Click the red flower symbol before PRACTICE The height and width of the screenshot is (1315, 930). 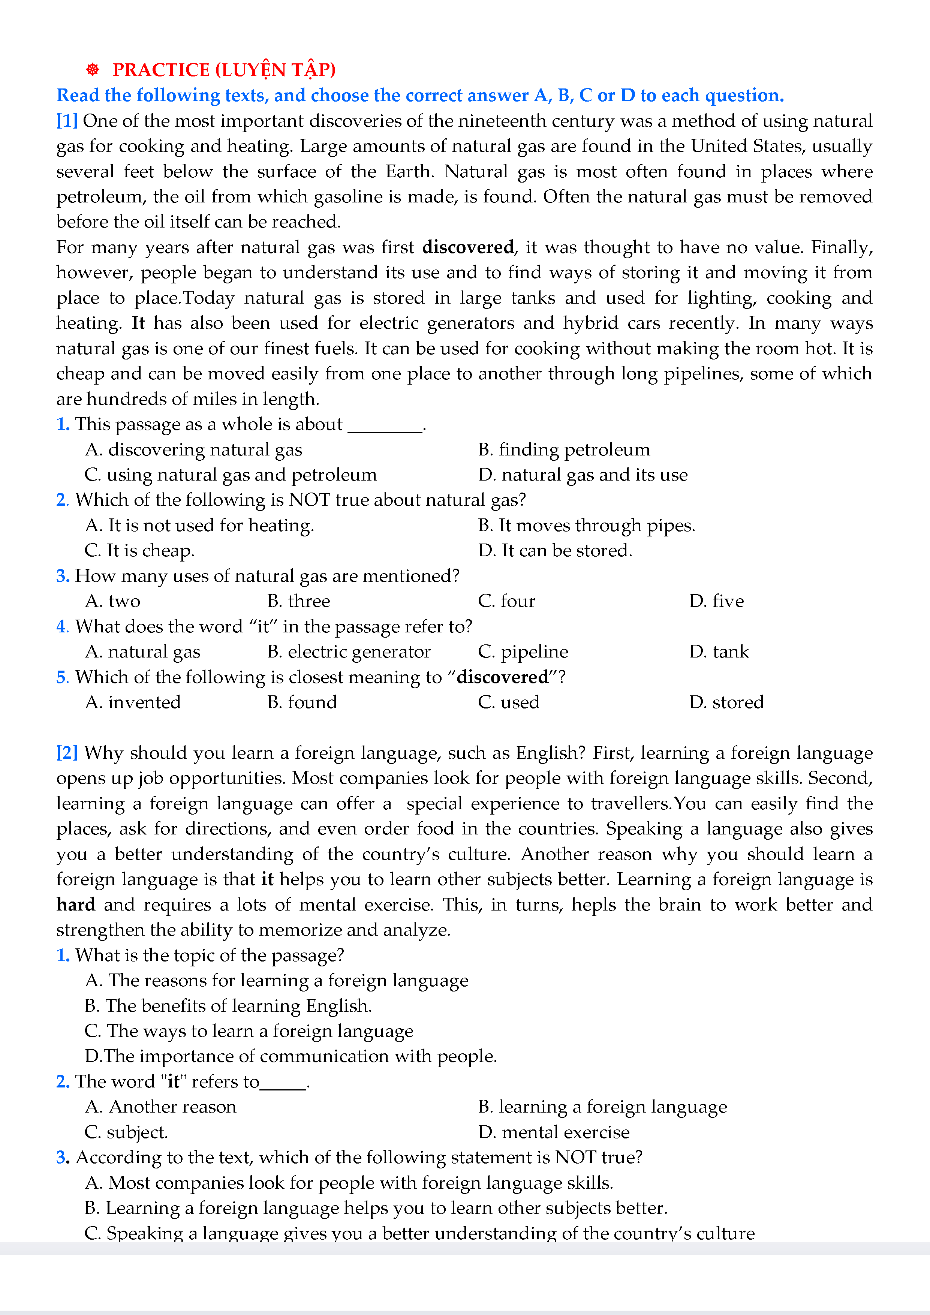pos(92,70)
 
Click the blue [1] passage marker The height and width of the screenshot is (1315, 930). pos(67,121)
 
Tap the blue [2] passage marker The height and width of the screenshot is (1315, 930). pos(67,753)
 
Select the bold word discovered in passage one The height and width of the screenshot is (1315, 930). pos(468,247)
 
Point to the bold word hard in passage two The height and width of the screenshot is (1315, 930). pos(76,905)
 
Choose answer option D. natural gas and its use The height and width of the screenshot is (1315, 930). pos(583,475)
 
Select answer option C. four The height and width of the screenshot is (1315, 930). pos(506,601)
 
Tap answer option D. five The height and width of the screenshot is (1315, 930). pos(716,601)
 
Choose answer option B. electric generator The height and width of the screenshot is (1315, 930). pos(348,652)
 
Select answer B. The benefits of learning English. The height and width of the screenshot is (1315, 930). pos(228,1006)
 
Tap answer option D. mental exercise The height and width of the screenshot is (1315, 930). pos(553,1132)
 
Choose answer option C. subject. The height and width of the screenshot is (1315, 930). pos(126,1132)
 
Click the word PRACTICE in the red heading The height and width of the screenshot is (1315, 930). pos(161,70)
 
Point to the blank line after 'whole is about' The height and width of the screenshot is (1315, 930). pos(385,427)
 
